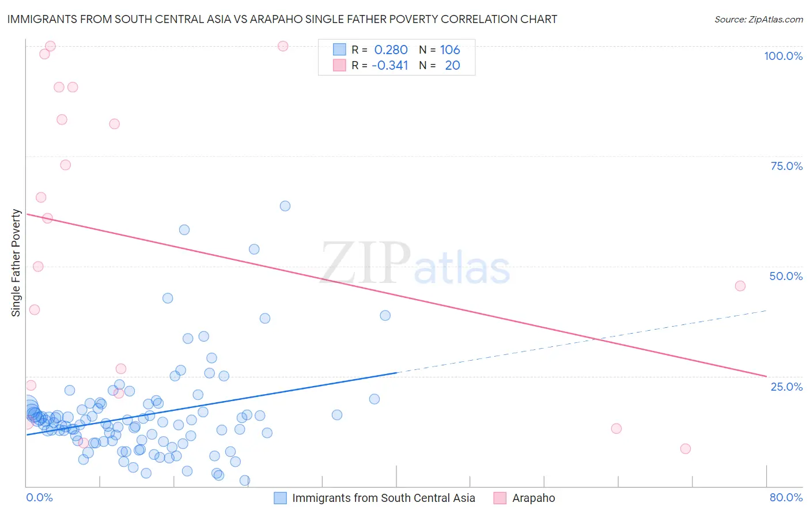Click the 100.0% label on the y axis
(x=783, y=56)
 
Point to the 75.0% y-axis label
(x=786, y=166)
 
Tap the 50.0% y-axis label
(x=786, y=276)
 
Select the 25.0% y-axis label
(x=786, y=387)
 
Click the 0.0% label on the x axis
(x=39, y=497)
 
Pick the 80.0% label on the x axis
(x=786, y=497)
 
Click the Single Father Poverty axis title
(x=16, y=263)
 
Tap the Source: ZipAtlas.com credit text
(x=758, y=19)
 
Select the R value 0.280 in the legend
(x=391, y=50)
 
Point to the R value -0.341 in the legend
(x=389, y=65)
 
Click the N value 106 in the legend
(x=450, y=50)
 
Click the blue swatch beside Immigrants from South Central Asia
(x=280, y=498)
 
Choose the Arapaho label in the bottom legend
(x=533, y=498)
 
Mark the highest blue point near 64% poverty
(x=285, y=206)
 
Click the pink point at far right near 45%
(x=740, y=286)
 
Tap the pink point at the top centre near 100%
(x=283, y=46)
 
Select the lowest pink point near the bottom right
(x=685, y=449)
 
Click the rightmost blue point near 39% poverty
(x=385, y=315)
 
